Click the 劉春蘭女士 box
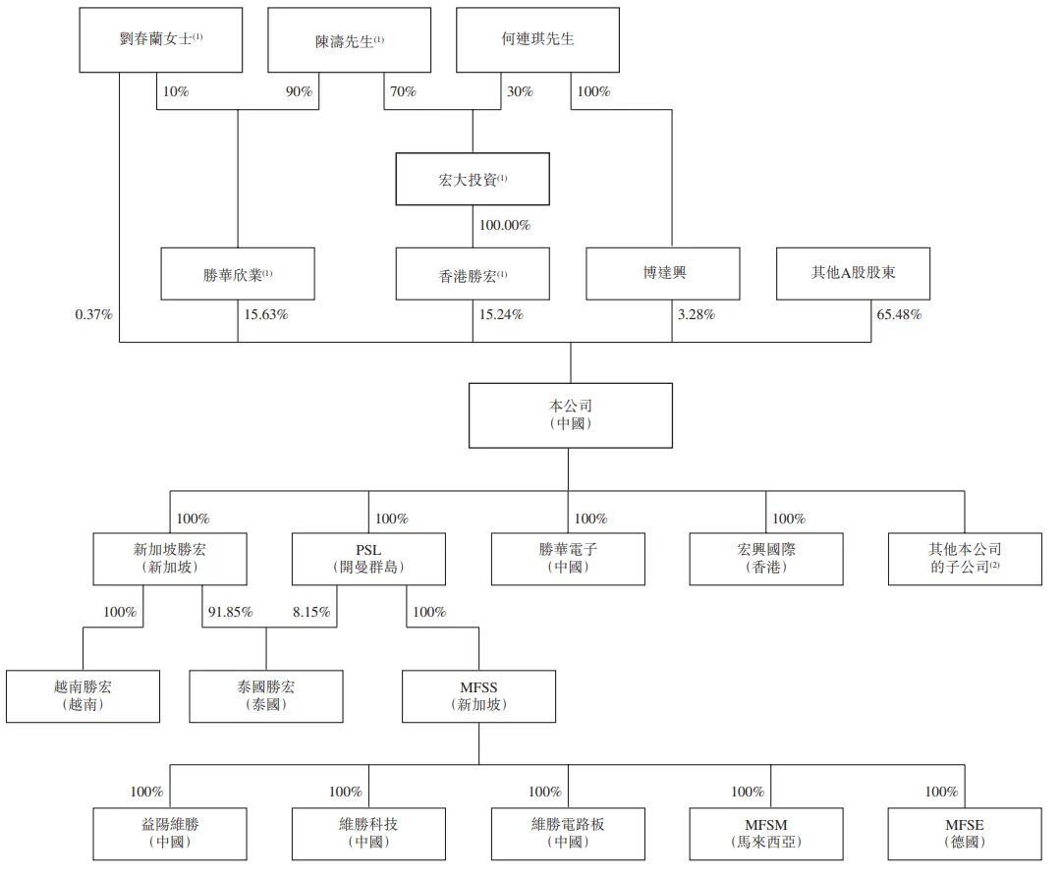(160, 39)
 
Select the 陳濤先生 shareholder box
(349, 40)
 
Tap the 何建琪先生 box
(537, 39)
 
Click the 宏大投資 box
(473, 179)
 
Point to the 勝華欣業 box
(238, 273)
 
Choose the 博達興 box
(662, 273)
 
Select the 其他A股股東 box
(853, 273)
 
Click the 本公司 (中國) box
(570, 414)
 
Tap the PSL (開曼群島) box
(369, 558)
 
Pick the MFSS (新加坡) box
(478, 696)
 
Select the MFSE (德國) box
(964, 833)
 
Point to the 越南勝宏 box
(83, 696)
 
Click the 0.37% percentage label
(94, 315)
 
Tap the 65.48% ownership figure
(899, 315)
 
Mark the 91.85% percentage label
(231, 612)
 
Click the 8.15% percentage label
(310, 612)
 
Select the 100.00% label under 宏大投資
(504, 226)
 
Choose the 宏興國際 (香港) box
(765, 558)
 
